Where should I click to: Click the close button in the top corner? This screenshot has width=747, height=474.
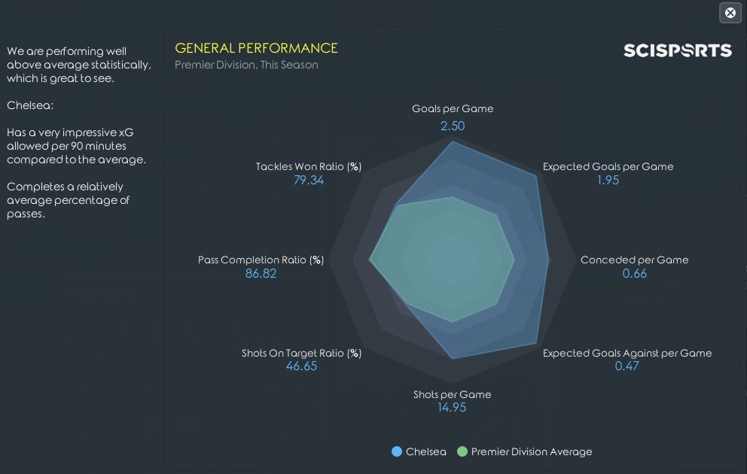(x=730, y=13)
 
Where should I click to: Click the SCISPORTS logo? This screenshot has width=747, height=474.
(x=677, y=50)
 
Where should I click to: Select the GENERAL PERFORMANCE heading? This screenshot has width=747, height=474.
(x=256, y=48)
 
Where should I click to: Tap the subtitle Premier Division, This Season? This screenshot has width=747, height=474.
(x=246, y=65)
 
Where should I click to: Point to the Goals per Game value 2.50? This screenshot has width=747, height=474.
(x=453, y=126)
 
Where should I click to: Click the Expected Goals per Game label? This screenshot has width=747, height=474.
(x=608, y=166)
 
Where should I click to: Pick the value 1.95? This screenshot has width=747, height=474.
(x=608, y=181)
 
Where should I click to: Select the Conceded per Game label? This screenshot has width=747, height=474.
(x=634, y=260)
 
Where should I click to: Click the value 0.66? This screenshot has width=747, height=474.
(x=634, y=274)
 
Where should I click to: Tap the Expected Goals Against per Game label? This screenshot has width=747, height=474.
(x=627, y=353)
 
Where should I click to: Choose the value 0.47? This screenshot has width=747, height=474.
(x=627, y=366)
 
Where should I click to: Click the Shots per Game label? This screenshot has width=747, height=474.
(x=452, y=394)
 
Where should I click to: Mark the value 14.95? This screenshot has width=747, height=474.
(x=452, y=408)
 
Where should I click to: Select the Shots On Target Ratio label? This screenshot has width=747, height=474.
(x=301, y=353)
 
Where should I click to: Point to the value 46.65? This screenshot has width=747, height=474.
(x=301, y=366)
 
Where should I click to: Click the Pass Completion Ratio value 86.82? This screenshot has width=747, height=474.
(x=261, y=274)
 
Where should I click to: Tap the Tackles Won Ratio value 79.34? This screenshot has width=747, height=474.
(x=309, y=181)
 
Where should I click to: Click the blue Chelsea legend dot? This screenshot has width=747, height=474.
(x=397, y=451)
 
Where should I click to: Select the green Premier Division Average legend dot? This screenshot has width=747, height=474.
(x=462, y=451)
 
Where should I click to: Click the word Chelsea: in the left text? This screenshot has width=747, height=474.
(x=30, y=105)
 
